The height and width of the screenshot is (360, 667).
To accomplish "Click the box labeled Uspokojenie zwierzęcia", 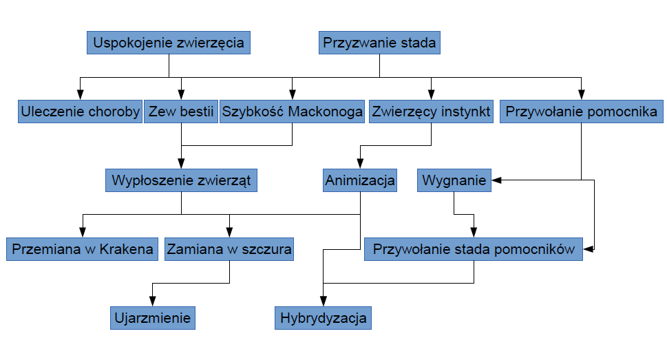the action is pyautogui.click(x=169, y=43).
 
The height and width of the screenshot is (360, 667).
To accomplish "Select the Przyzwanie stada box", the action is pyautogui.click(x=379, y=43).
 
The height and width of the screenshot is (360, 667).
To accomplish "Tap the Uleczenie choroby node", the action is pyautogui.click(x=80, y=112).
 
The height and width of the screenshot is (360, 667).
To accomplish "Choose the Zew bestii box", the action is pyautogui.click(x=181, y=112).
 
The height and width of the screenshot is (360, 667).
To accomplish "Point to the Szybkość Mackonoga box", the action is pyautogui.click(x=293, y=112).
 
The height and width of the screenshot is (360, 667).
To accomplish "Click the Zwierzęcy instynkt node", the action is pyautogui.click(x=431, y=112).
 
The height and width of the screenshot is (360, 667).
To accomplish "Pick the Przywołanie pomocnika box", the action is pyautogui.click(x=582, y=112).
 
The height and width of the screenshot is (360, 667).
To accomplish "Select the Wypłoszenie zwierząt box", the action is pyautogui.click(x=181, y=180).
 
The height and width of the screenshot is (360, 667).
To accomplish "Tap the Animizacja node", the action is pyautogui.click(x=360, y=180).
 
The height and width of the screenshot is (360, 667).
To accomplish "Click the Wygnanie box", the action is pyautogui.click(x=454, y=180).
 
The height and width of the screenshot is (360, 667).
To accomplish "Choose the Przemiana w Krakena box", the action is pyautogui.click(x=82, y=249).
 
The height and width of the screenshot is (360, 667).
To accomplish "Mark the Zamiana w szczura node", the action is pyautogui.click(x=229, y=249).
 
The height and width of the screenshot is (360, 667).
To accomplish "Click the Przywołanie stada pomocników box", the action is pyautogui.click(x=474, y=249).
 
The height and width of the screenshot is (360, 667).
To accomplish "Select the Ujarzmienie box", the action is pyautogui.click(x=153, y=318).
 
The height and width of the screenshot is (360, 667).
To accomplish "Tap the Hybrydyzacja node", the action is pyautogui.click(x=324, y=318).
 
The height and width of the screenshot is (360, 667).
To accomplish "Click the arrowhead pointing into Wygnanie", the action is pyautogui.click(x=496, y=180).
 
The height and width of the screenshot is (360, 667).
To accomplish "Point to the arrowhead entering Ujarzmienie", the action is pyautogui.click(x=152, y=301).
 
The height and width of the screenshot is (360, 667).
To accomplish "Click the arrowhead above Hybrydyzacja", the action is pyautogui.click(x=324, y=301).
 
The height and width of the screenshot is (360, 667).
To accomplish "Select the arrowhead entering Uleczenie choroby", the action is pyautogui.click(x=80, y=94).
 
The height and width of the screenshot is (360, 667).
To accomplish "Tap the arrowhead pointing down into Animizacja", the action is pyautogui.click(x=360, y=163).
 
